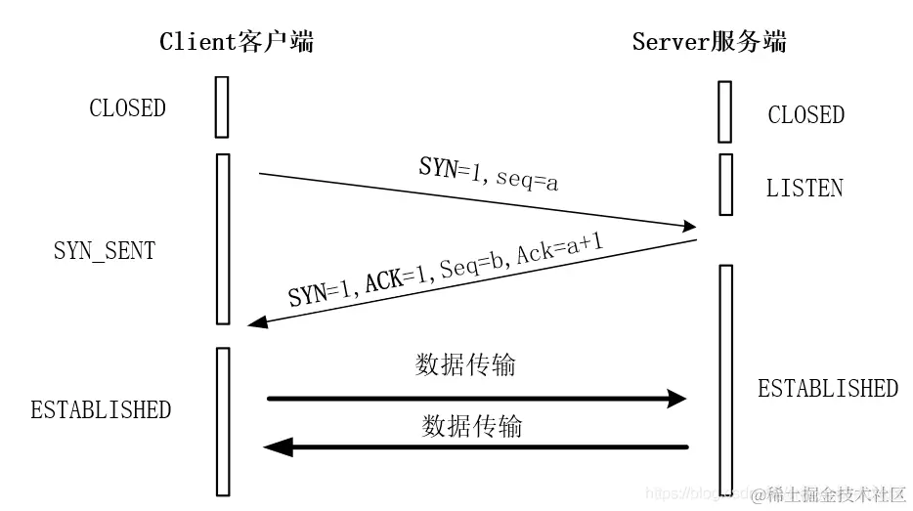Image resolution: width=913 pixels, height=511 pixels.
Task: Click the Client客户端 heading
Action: point(237,41)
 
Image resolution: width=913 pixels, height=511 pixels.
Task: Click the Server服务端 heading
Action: point(709,41)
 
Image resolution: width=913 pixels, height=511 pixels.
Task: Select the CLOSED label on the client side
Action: point(127,108)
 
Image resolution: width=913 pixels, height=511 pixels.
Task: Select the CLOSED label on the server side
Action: point(805,115)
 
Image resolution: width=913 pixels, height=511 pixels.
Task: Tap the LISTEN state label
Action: point(804,188)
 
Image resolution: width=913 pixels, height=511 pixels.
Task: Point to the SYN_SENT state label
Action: point(104,250)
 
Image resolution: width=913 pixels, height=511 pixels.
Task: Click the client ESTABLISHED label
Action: point(101,409)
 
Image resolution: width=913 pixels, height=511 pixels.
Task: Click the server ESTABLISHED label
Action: point(828,388)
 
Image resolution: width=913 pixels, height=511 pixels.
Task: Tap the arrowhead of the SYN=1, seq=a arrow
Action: point(687,227)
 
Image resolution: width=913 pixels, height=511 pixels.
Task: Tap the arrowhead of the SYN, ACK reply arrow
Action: point(257,322)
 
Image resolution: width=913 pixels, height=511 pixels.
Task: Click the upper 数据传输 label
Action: point(464,365)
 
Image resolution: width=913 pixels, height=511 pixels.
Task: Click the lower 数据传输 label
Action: point(472,426)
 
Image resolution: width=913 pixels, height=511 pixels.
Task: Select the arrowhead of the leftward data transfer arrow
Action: point(278,447)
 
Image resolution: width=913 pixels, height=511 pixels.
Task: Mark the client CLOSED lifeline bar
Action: point(222,107)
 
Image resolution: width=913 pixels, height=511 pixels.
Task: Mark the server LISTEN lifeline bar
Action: point(724,184)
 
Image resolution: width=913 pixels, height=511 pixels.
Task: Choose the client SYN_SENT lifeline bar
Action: point(222,238)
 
